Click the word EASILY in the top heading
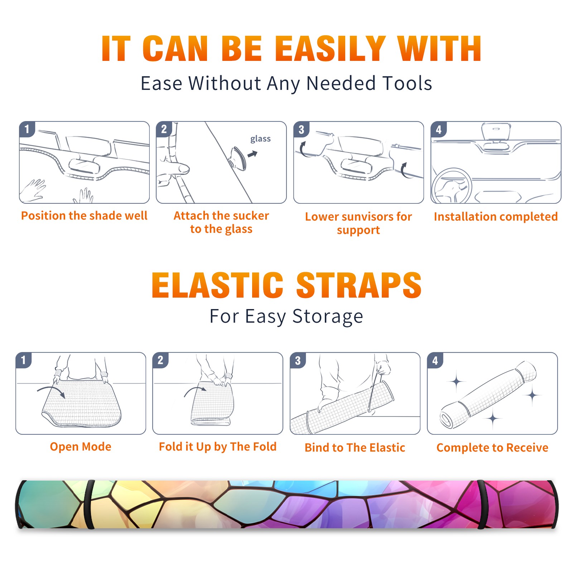click(330, 49)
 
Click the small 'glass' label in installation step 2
click(260, 139)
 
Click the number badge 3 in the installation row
click(301, 129)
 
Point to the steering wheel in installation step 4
click(452, 186)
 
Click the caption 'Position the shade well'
click(84, 216)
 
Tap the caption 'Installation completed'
click(496, 217)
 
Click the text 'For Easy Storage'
click(286, 317)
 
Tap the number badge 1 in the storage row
click(23, 360)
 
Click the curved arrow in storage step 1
click(51, 391)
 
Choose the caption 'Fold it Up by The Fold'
click(218, 447)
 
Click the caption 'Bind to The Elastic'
click(355, 448)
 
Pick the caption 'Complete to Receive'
click(492, 448)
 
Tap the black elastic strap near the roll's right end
click(481, 505)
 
